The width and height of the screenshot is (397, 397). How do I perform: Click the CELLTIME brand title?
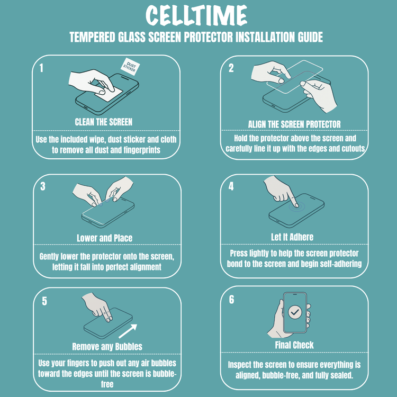196,15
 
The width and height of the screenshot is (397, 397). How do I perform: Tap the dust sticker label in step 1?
130,67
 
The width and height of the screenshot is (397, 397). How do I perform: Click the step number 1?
41,68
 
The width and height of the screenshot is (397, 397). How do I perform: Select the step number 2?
231,68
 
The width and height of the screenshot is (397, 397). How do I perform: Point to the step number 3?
43,186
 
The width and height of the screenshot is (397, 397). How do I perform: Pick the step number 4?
231,186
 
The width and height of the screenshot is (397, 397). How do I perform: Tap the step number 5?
44,301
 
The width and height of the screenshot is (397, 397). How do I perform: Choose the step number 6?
231,300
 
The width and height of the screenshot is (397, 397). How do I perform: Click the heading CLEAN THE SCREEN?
104,122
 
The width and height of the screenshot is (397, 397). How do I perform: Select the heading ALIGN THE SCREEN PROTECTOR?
294,124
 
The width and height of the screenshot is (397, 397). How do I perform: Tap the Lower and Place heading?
105,238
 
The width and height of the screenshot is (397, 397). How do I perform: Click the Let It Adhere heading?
292,237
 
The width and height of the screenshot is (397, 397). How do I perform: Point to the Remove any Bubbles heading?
107,346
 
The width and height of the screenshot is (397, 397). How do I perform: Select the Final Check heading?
294,345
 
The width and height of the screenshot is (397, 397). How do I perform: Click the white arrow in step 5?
128,331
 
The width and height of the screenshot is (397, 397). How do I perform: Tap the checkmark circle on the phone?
295,312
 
